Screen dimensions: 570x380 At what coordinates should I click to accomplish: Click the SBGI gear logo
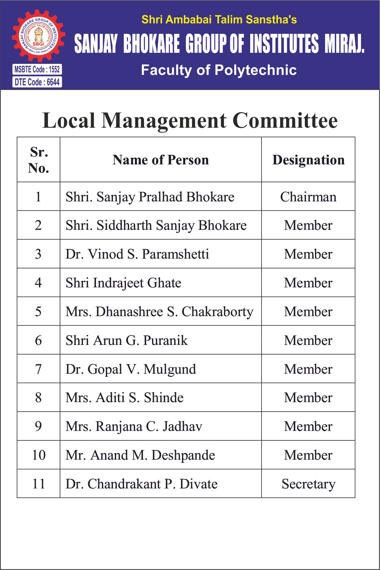tap(38, 36)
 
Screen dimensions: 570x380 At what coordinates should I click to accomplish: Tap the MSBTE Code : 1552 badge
tap(37, 69)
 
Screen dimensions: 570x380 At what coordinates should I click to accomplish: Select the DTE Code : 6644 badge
tap(37, 82)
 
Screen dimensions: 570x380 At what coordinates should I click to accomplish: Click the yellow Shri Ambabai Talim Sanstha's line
tap(219, 20)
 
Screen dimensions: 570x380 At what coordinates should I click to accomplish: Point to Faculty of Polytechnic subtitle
tap(219, 70)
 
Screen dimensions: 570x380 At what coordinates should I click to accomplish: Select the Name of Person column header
tap(160, 160)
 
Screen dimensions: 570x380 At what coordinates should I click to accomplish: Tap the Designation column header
tap(308, 160)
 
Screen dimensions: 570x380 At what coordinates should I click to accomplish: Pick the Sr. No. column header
tap(39, 160)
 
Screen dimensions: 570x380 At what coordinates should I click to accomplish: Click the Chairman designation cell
tap(308, 197)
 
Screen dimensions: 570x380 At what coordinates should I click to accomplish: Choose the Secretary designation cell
tap(308, 484)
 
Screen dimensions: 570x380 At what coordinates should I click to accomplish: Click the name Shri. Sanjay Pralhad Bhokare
tap(150, 197)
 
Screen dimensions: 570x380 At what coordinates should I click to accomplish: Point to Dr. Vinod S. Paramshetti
tap(137, 254)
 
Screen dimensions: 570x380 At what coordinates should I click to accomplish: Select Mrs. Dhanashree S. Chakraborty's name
tap(159, 312)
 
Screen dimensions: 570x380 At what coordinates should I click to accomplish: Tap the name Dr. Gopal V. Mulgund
tap(130, 369)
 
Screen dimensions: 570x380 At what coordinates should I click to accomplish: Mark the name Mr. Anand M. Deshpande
tap(140, 455)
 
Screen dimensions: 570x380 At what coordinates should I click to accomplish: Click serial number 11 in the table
tap(39, 484)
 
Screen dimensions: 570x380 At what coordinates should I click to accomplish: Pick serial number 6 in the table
tap(39, 340)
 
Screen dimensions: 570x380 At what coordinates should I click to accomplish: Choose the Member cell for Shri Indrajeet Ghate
tap(308, 283)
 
